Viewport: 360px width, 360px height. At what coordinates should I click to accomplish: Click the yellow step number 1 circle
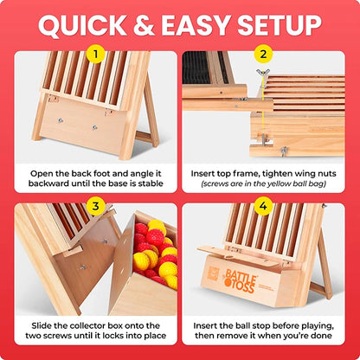coord(95,54)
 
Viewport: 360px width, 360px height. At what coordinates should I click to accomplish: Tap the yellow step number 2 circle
coord(263,54)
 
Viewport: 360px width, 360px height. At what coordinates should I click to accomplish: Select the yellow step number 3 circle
coord(95,206)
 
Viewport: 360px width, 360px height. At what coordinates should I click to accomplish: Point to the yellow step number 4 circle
coord(263,206)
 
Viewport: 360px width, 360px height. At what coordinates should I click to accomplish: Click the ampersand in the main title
coord(144,25)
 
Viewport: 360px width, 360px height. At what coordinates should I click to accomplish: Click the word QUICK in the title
coord(82,25)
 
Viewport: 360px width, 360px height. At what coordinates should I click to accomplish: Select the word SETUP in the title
coord(280,25)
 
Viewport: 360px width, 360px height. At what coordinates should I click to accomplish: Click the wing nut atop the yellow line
coord(263,73)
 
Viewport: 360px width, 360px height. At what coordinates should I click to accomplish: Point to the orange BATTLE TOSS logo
coord(241,280)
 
